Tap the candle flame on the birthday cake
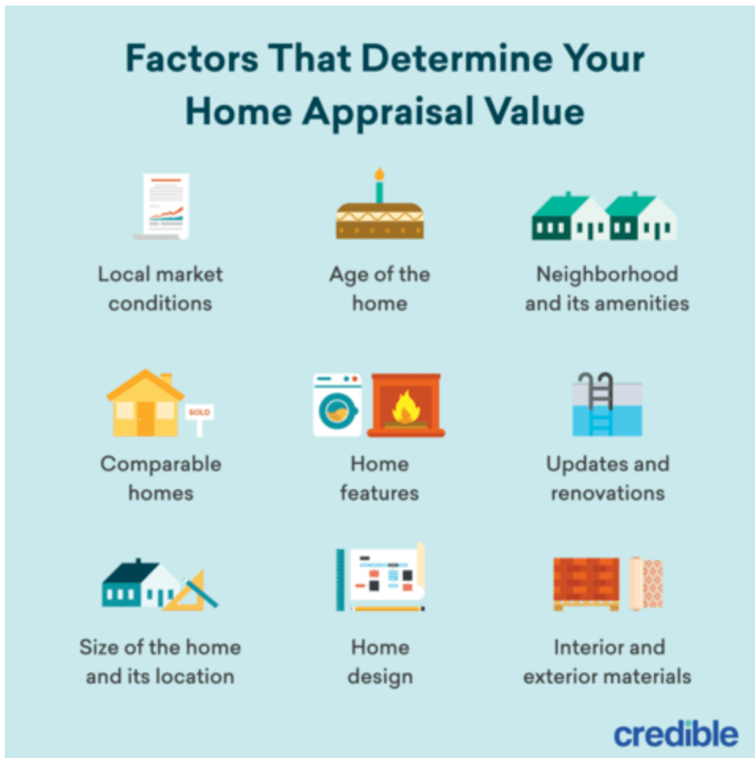379,174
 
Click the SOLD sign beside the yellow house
199,413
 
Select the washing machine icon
337,405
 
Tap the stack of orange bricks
586,583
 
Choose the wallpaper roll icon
646,583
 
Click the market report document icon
163,206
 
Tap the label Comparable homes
160,478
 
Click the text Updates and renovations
607,478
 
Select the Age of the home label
379,288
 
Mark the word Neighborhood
607,274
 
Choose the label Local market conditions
160,288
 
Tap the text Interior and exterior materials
607,662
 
